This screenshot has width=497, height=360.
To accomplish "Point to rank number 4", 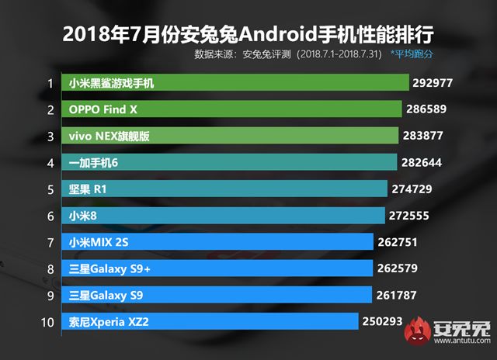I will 50,163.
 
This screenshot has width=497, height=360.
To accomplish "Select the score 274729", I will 415,189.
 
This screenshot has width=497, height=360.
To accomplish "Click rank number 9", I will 50,296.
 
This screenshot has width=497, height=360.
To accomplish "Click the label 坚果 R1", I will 90,189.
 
